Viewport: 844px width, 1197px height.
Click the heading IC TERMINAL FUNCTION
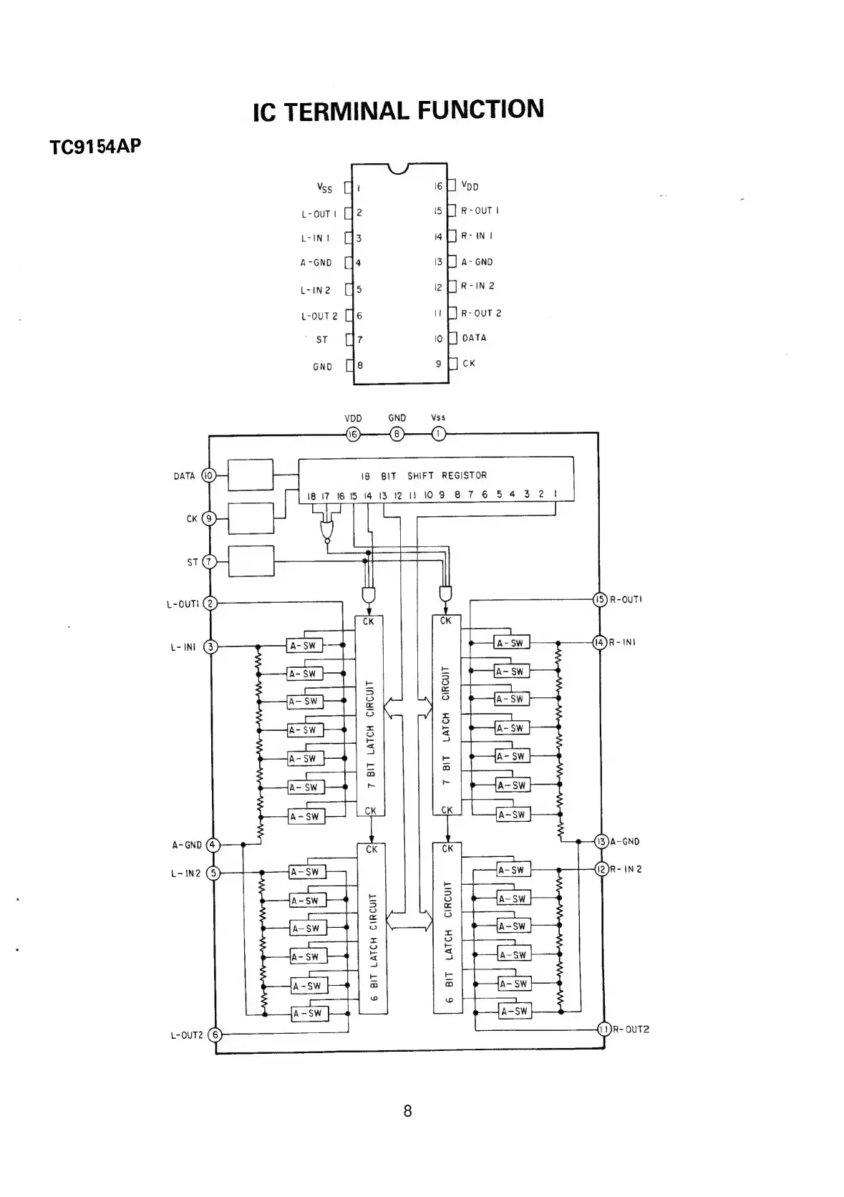pyautogui.click(x=398, y=110)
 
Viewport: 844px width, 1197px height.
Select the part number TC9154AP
pyautogui.click(x=95, y=147)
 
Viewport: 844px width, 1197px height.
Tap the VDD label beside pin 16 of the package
pyautogui.click(x=470, y=186)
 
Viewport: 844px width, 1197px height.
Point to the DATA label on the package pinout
pyautogui.click(x=474, y=338)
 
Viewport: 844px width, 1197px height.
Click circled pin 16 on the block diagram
pyautogui.click(x=353, y=434)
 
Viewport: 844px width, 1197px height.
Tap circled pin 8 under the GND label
pyautogui.click(x=397, y=434)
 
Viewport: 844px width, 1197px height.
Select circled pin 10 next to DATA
pyautogui.click(x=209, y=475)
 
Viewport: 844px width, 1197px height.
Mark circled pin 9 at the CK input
pyautogui.click(x=209, y=518)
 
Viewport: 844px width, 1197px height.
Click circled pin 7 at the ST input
pyautogui.click(x=209, y=562)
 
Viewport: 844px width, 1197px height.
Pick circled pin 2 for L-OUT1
pyautogui.click(x=210, y=604)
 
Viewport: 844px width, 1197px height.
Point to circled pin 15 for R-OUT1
pyautogui.click(x=600, y=599)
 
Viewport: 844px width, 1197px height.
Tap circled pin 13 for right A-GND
pyautogui.click(x=602, y=841)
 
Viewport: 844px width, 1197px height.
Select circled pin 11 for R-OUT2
pyautogui.click(x=604, y=1029)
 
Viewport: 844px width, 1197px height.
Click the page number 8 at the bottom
pyautogui.click(x=408, y=1110)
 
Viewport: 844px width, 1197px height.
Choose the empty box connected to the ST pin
pyautogui.click(x=251, y=561)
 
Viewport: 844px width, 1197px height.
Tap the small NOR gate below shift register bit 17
pyautogui.click(x=327, y=530)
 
